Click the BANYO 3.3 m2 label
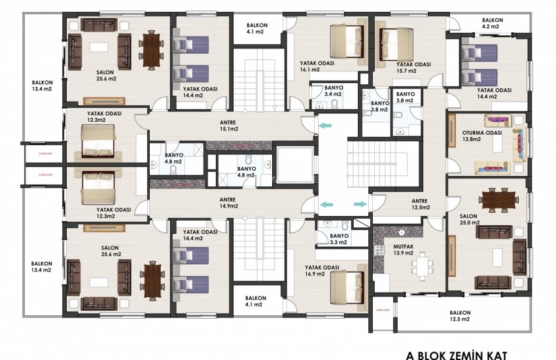(339, 239)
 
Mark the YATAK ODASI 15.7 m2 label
(413, 68)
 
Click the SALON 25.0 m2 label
(469, 220)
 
